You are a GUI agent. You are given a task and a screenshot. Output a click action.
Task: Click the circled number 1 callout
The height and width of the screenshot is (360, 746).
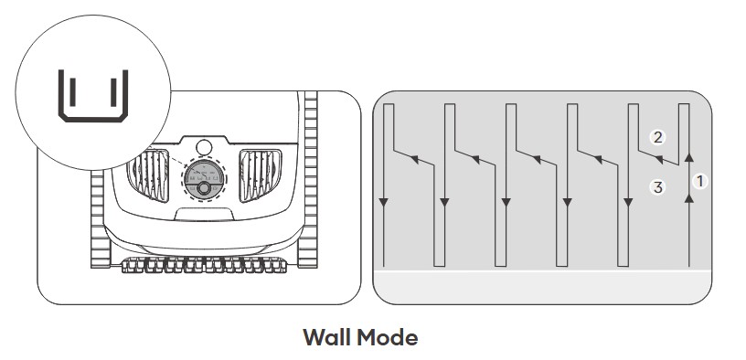[699, 181]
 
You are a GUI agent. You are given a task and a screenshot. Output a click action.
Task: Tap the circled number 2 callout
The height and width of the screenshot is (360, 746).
[657, 137]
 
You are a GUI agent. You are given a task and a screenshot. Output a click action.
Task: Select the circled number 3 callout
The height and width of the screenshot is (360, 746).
[657, 187]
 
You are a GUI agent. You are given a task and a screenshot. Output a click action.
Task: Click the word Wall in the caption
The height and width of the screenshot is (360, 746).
[327, 337]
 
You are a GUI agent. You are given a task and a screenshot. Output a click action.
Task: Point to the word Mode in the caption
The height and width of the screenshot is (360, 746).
[388, 337]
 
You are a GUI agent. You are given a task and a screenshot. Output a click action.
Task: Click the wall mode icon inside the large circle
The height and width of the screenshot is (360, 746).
[93, 96]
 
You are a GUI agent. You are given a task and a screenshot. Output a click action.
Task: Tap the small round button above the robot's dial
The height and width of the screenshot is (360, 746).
[204, 147]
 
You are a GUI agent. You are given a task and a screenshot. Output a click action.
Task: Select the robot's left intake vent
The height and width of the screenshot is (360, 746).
[148, 175]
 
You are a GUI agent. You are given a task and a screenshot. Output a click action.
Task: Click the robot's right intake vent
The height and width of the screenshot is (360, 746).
[261, 175]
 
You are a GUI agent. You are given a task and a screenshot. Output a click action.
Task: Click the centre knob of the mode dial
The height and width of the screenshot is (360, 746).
[204, 188]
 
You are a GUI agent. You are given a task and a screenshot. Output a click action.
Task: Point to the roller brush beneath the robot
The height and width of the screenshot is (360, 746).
[204, 265]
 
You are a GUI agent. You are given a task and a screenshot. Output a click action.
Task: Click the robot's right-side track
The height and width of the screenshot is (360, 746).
[308, 179]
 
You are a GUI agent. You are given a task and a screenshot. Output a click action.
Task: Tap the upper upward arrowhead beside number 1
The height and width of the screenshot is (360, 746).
[689, 158]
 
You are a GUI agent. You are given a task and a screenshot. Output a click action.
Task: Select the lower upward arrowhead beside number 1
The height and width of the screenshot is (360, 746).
[689, 198]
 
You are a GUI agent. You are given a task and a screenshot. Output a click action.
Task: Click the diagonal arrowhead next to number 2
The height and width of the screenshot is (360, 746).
[659, 159]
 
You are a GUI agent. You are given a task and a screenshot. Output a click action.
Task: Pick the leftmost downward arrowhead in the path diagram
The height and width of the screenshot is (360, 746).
[383, 203]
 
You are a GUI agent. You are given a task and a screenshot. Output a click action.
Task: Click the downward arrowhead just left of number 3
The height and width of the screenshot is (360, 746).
[628, 203]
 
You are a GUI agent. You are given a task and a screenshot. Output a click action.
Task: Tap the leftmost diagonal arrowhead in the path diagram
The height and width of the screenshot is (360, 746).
[415, 159]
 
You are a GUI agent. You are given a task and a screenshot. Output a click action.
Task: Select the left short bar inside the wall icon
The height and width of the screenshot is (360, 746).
[72, 92]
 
